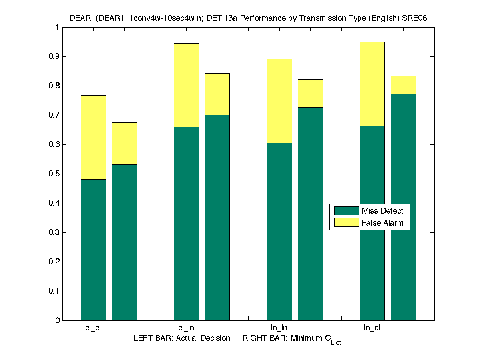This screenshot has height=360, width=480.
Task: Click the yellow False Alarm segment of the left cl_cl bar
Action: pos(93,137)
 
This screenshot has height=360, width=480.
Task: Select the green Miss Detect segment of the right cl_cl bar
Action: pos(124,242)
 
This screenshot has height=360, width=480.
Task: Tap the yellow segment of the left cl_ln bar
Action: pos(186,85)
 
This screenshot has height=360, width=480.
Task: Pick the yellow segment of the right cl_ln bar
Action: pos(217,94)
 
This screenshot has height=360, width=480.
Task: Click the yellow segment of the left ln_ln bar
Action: pos(279,101)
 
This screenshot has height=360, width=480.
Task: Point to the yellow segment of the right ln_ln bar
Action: pos(310,93)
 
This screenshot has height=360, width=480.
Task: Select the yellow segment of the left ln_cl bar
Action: pos(372,84)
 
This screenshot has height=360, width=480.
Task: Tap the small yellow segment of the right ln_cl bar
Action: pos(403,85)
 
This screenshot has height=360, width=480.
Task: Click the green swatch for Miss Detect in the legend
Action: pos(347,211)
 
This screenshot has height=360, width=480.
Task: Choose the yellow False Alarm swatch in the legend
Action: pos(347,223)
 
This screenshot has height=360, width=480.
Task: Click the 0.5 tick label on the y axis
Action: pos(54,174)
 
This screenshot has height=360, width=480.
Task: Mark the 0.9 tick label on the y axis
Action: pos(54,56)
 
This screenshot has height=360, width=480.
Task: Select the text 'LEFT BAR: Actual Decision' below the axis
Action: pos(182,338)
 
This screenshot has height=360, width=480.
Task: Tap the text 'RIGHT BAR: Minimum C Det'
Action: pos(292,339)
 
